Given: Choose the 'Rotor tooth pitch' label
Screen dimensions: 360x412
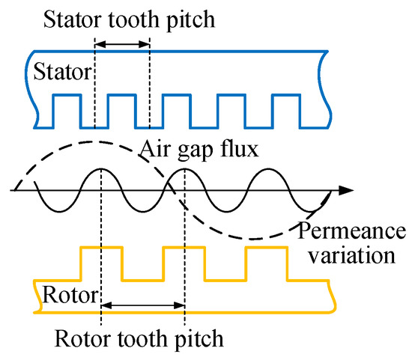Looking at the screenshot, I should [x=139, y=338].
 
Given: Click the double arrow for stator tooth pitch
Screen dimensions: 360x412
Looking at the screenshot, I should [x=122, y=46].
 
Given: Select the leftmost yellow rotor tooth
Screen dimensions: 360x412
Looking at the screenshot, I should [x=100, y=262].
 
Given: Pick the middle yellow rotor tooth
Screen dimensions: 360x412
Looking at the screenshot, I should [x=184, y=262].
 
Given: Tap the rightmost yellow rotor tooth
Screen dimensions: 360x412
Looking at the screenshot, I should [x=266, y=262].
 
